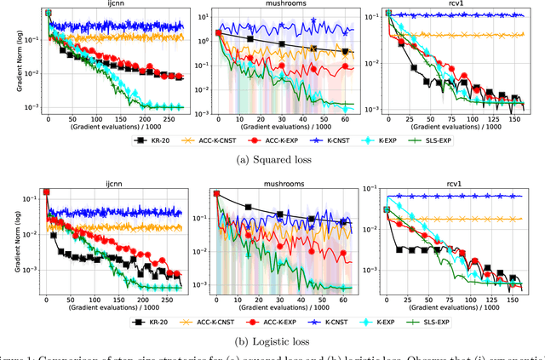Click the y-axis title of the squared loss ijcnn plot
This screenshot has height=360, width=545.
pos(7,62)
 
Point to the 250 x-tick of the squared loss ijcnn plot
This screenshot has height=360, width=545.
pos(219,122)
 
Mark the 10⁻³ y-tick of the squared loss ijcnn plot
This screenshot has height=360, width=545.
pos(32,106)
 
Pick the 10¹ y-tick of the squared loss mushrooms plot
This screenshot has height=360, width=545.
pos(200,15)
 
